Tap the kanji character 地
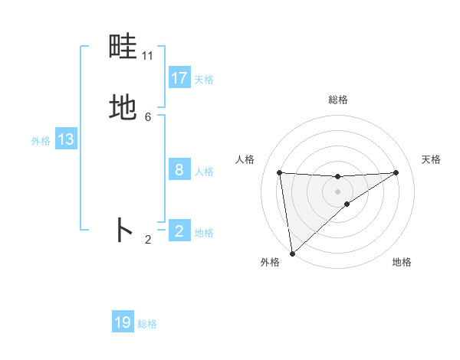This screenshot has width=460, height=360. tap(123, 108)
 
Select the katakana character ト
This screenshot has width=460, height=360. tap(123, 230)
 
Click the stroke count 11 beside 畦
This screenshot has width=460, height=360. tap(148, 57)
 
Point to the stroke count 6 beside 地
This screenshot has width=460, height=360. tap(148, 116)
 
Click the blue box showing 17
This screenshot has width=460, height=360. tap(179, 78)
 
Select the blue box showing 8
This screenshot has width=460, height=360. tap(179, 170)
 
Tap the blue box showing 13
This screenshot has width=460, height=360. tap(65, 139)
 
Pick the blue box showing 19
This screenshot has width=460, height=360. tap(123, 322)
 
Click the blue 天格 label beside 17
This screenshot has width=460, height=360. tap(204, 80)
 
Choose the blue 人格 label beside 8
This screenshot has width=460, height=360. tap(204, 172)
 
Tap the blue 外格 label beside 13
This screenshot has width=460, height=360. tap(41, 141)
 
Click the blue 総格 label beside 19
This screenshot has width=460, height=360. tap(147, 324)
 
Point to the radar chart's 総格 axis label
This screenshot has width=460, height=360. tap(337, 100)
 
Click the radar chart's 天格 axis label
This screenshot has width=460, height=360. tap(432, 159)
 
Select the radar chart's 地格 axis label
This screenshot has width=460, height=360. tap(402, 262)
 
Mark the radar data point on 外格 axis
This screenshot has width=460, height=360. tap(291, 253)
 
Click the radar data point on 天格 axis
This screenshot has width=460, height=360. tap(396, 172)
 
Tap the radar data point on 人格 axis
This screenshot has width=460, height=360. tap(279, 172)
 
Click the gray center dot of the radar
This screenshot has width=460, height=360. tap(337, 191)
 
